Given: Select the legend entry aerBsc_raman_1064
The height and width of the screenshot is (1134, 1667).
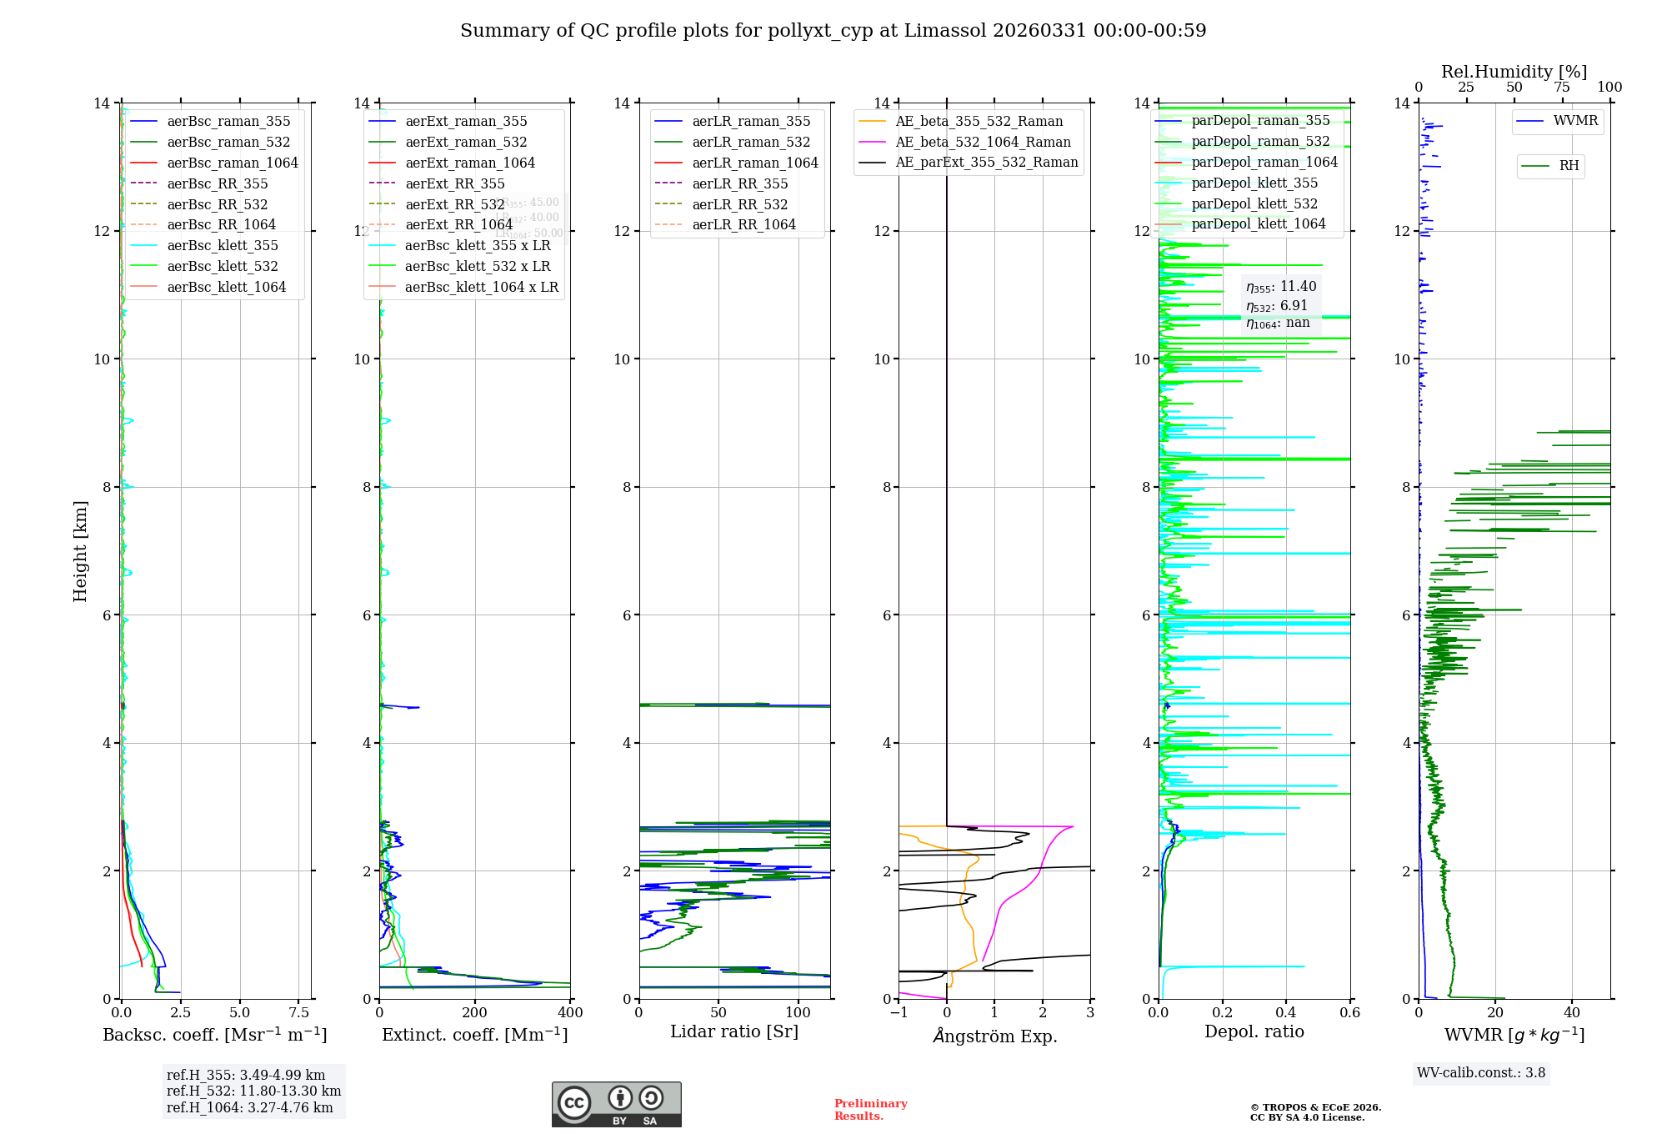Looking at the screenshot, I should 232,163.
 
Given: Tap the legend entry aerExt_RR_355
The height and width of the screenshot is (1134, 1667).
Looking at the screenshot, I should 454,183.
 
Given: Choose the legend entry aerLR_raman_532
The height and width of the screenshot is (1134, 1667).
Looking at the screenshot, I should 750,142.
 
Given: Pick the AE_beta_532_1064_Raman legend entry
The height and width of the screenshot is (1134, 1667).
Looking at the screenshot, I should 983,142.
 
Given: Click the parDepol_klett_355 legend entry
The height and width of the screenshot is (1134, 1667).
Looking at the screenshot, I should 1254,183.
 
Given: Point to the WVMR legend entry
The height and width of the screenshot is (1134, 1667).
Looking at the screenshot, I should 1574,121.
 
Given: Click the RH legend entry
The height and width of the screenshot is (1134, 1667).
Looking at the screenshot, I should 1568,166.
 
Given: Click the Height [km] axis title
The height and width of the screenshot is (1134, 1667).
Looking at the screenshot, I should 80,550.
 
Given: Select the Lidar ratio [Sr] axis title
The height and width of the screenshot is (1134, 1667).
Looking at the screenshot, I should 733,1031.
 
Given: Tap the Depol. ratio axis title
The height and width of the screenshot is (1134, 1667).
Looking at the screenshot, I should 1254,1031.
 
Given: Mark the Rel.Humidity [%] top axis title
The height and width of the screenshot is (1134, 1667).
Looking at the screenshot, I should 1514,72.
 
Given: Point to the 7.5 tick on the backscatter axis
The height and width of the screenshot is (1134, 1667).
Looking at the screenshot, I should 298,1013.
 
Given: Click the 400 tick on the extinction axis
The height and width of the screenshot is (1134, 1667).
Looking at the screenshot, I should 570,1013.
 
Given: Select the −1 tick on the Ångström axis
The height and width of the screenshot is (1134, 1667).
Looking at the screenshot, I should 899,1013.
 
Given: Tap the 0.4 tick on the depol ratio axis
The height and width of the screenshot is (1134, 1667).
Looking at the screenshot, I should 1286,1013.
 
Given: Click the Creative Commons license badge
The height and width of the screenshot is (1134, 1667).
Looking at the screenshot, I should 616,1105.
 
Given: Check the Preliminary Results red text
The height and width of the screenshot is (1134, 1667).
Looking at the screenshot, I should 870,1110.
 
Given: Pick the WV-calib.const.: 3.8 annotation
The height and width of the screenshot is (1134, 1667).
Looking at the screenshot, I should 1480,1073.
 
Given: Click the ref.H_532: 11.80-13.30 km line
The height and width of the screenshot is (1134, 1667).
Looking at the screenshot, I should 253,1091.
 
